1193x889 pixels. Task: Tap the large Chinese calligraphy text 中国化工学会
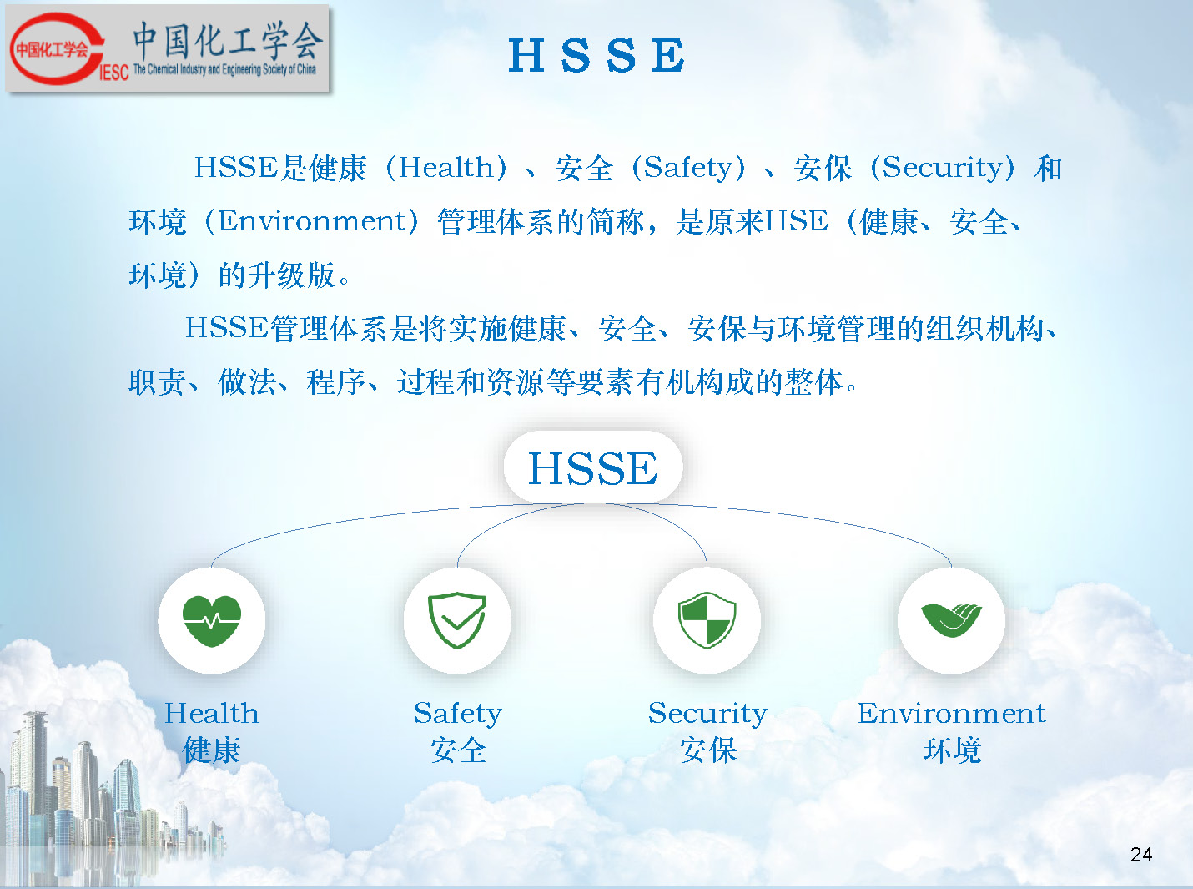(x=228, y=41)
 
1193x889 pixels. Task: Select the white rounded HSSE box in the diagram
(x=593, y=467)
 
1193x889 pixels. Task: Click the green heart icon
(x=211, y=620)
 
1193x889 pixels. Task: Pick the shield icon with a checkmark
(x=457, y=620)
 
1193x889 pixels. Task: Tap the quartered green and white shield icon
(x=707, y=620)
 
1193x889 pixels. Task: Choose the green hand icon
(x=951, y=620)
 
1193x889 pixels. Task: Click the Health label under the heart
(x=211, y=714)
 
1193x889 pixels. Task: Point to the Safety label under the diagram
(x=458, y=715)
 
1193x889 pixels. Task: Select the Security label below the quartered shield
(x=707, y=715)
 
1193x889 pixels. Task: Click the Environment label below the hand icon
(x=952, y=714)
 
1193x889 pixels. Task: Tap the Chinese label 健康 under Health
(x=211, y=750)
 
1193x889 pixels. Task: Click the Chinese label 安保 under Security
(x=707, y=750)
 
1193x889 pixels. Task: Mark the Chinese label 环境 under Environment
(x=952, y=750)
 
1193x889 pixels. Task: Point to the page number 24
(x=1140, y=855)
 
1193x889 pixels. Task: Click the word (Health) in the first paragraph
(x=446, y=167)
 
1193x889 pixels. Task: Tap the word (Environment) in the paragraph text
(x=311, y=221)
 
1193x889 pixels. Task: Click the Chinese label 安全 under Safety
(x=458, y=750)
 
